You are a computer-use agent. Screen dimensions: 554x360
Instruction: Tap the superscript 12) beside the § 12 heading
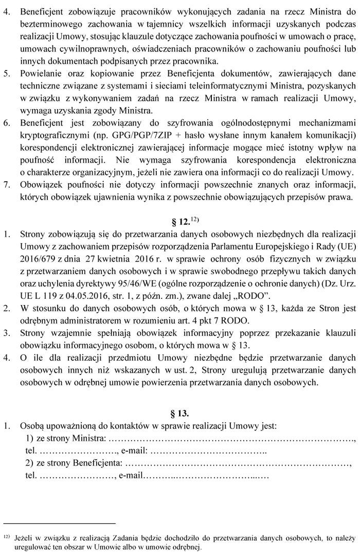(194, 219)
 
